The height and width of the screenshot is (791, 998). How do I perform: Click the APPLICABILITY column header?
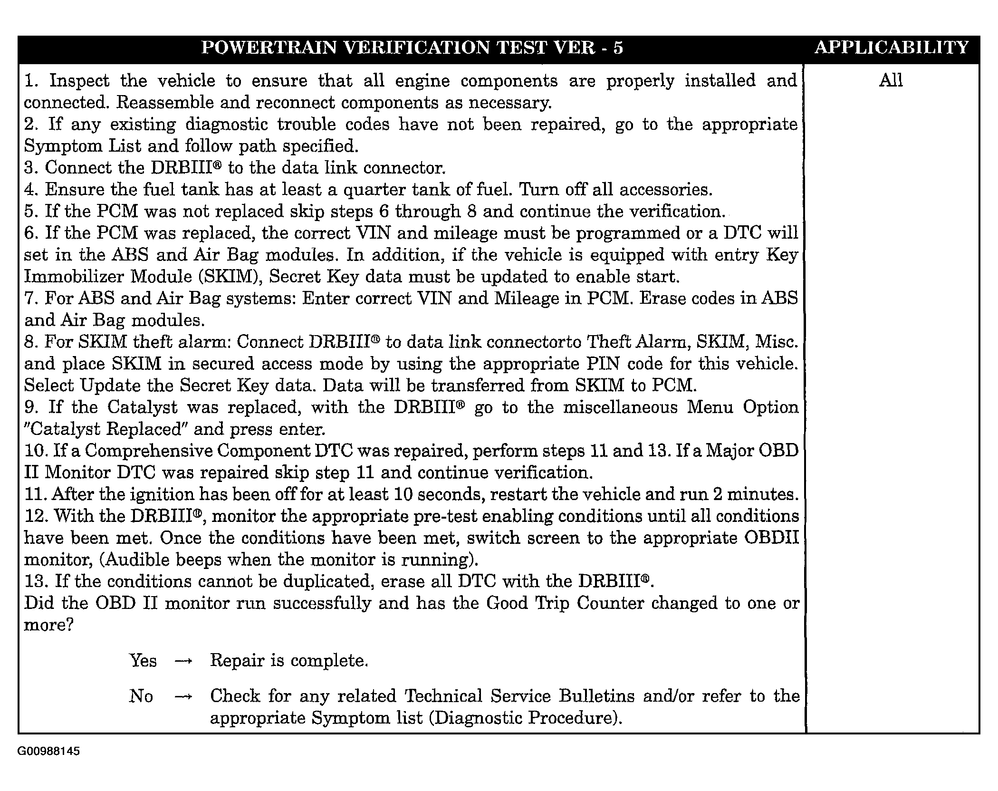click(891, 48)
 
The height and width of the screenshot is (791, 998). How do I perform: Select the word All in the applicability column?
click(891, 80)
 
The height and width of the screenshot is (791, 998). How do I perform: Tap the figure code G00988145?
click(48, 752)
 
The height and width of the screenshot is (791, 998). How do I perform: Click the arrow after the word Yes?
click(183, 661)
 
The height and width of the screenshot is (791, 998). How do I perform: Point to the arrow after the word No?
click(183, 697)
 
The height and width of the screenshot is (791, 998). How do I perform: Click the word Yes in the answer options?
click(143, 660)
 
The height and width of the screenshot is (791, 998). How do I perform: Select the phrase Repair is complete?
click(289, 660)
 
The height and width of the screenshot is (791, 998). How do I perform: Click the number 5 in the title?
click(617, 48)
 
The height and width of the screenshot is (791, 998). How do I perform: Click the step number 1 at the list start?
click(30, 81)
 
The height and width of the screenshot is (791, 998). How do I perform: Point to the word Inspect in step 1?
click(79, 81)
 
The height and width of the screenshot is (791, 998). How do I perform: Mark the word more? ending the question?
click(49, 625)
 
